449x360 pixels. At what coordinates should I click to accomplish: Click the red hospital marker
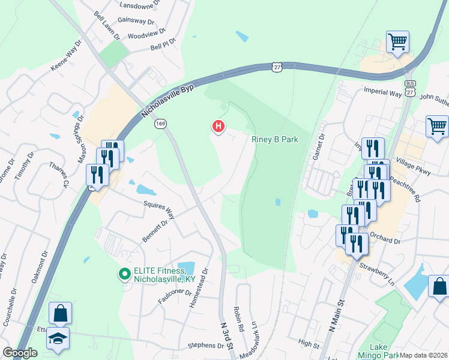(219, 126)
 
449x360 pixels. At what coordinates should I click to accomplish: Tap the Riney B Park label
(274, 139)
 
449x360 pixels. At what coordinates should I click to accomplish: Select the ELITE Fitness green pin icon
(125, 275)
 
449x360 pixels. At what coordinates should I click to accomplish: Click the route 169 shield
(162, 124)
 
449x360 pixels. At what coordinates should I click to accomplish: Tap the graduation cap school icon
(58, 339)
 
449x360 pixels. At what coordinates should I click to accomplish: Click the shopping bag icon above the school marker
(60, 313)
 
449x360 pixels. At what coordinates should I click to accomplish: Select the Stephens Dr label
(205, 345)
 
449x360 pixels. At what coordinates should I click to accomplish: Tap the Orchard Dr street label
(385, 241)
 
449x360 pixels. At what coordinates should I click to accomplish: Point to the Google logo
(20, 353)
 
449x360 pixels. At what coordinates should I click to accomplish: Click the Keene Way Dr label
(66, 56)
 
